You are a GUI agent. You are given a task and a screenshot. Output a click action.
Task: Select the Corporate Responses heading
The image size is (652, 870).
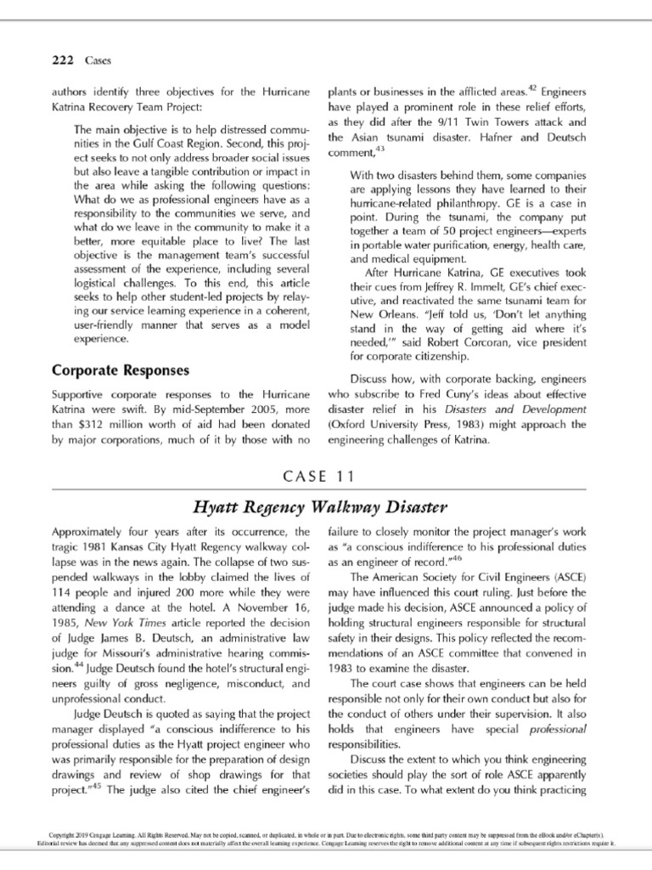coord(121,370)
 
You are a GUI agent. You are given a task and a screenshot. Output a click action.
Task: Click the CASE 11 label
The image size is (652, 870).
coord(325,475)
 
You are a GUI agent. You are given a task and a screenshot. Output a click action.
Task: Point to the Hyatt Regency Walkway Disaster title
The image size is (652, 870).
coord(325,508)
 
